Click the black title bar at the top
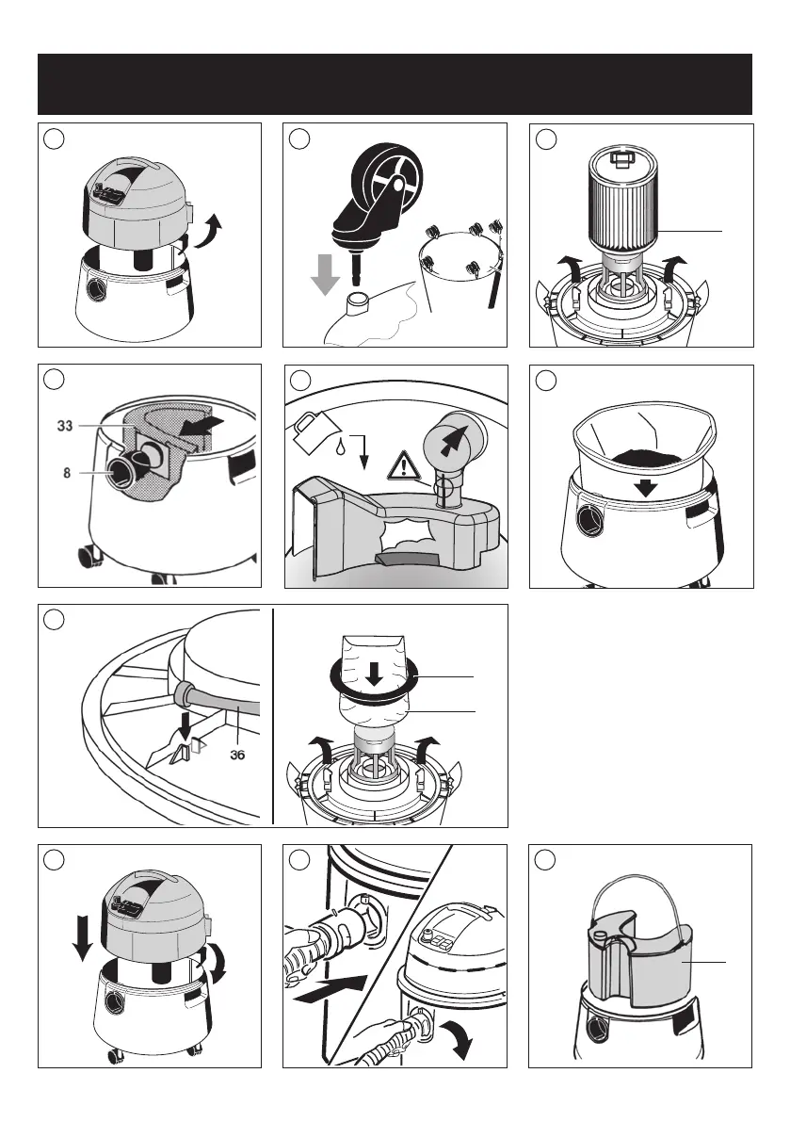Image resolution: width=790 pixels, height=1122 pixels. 395,84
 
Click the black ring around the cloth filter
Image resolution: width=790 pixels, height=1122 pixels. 376,680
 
